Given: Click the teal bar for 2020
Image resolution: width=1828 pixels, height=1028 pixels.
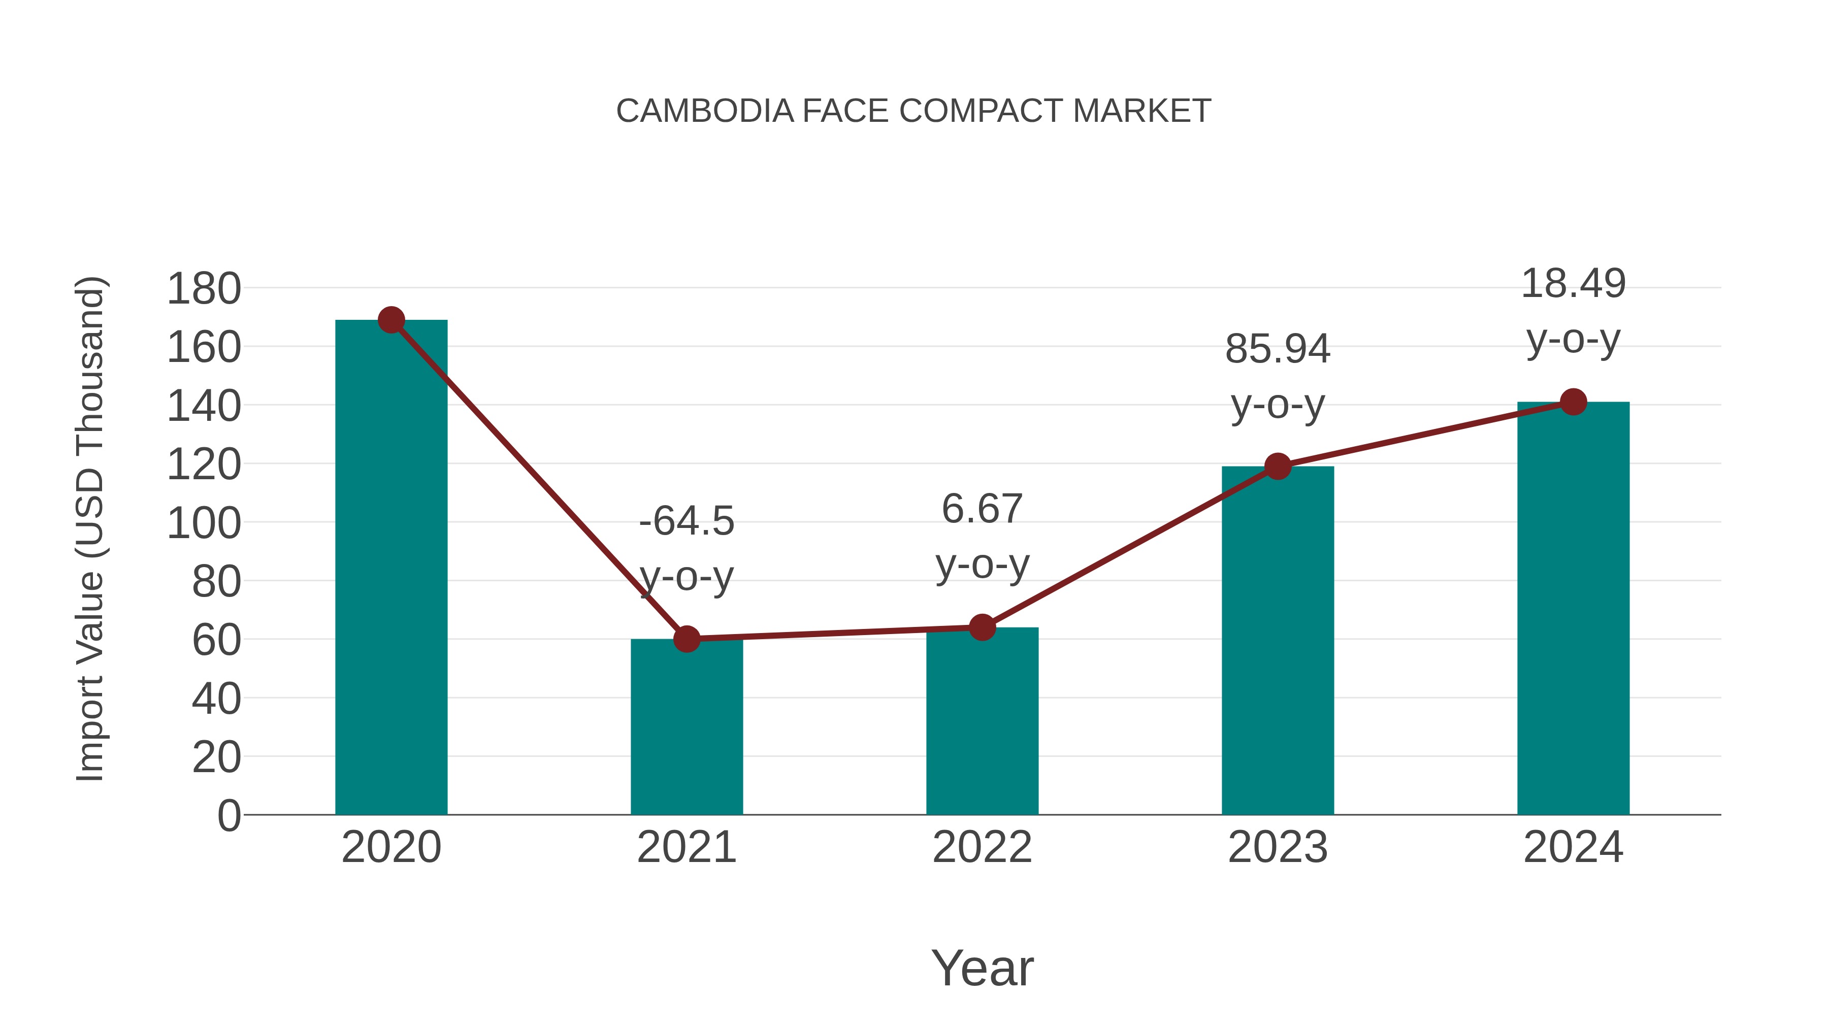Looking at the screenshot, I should [391, 568].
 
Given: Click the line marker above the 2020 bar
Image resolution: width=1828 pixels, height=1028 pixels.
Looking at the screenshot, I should [391, 320].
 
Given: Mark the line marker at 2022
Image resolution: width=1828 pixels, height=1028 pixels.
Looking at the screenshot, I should [982, 627].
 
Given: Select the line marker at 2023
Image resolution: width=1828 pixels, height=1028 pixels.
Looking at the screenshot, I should [1278, 466].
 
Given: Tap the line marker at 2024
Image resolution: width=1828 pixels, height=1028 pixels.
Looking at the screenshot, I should [1573, 402].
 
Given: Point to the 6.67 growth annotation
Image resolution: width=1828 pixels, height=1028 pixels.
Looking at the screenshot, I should [982, 537].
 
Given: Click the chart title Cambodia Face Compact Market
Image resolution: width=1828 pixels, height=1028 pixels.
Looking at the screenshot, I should [913, 111].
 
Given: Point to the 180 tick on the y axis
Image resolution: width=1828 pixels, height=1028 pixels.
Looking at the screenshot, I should [204, 289].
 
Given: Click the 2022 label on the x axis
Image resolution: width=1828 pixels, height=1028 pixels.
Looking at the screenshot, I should [982, 847].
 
